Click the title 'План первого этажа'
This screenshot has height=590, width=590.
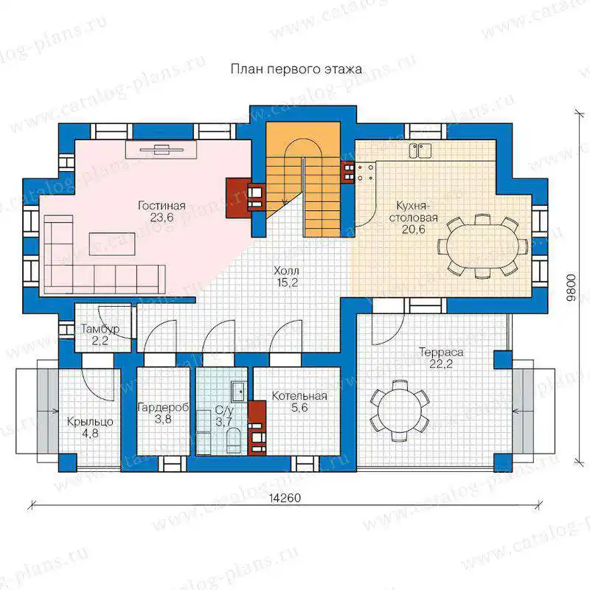click(x=296, y=69)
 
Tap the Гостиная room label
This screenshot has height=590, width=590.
click(x=162, y=206)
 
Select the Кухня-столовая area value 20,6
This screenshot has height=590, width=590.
click(x=414, y=229)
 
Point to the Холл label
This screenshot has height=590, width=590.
click(x=286, y=271)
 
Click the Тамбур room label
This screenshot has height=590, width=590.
click(x=100, y=329)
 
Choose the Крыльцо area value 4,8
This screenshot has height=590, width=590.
click(x=90, y=434)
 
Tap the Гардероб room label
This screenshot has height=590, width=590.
click(x=163, y=408)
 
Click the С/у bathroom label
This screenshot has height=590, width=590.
click(x=224, y=410)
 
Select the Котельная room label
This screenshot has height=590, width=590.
click(x=299, y=396)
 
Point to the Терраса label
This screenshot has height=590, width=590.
click(x=441, y=353)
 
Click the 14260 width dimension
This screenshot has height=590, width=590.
click(x=285, y=498)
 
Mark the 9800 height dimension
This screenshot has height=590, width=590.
click(x=571, y=288)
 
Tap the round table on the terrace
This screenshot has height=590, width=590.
click(x=399, y=410)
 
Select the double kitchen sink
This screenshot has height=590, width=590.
click(x=420, y=150)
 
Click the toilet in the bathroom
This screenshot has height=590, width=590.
click(x=233, y=440)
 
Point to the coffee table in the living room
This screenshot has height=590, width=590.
click(x=112, y=244)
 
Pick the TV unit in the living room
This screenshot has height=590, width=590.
click(x=161, y=150)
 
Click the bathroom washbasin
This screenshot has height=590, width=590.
click(x=238, y=392)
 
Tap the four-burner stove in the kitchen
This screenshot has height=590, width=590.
click(x=365, y=173)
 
